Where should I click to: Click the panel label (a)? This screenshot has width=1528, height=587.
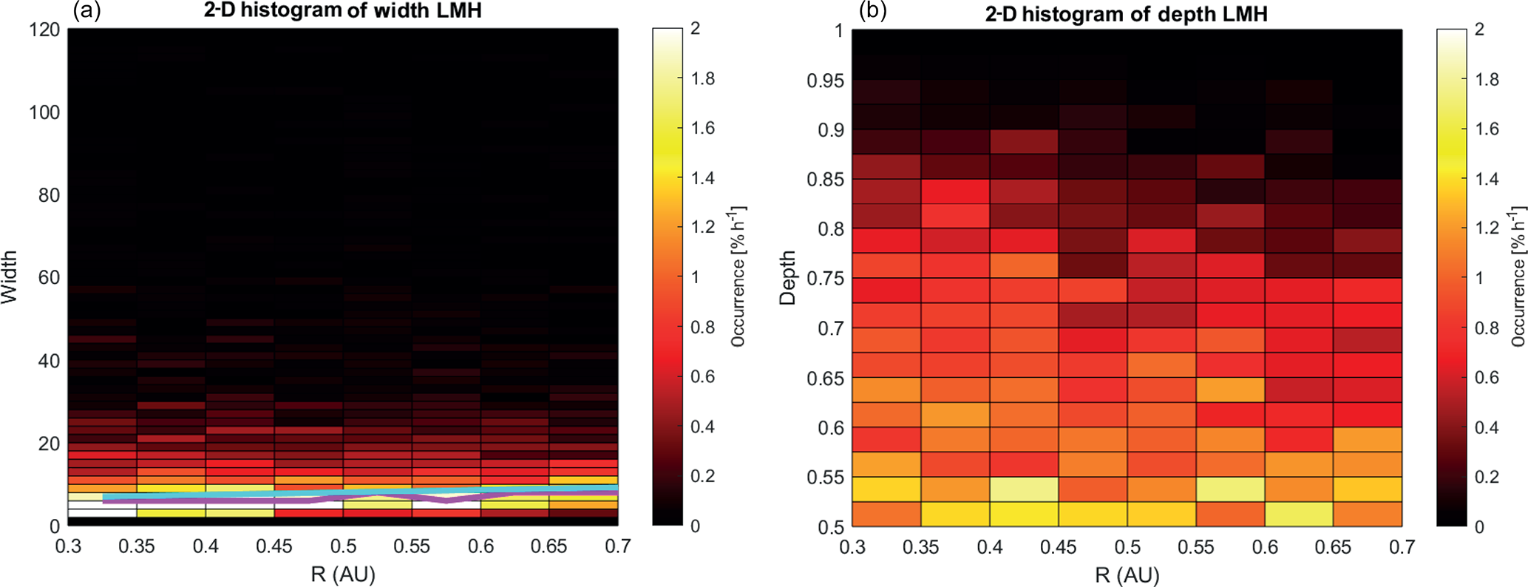(86, 10)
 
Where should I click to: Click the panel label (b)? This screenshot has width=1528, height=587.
(872, 10)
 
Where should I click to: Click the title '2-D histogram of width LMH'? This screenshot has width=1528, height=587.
(343, 10)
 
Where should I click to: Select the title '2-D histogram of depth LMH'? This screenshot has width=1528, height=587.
(1126, 13)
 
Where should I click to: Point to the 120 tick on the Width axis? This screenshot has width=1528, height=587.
(44, 30)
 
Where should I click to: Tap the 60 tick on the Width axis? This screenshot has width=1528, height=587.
(49, 278)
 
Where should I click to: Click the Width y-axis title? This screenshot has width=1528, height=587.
(10, 277)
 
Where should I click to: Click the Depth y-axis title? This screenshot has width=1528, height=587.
(788, 278)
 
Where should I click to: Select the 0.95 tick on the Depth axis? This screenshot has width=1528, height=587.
(825, 81)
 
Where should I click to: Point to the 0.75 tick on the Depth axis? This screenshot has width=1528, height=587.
(825, 279)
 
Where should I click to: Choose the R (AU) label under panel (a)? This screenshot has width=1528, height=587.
(343, 574)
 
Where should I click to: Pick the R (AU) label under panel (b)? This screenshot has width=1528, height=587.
(1127, 574)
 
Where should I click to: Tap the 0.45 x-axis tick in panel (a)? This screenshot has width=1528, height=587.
(274, 547)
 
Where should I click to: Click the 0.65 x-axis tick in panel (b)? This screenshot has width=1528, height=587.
(1333, 548)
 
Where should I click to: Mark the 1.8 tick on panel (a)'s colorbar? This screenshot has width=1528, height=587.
(703, 78)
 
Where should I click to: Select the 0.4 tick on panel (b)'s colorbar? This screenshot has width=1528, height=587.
(1487, 427)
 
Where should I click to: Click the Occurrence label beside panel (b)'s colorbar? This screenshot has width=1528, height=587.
(1518, 277)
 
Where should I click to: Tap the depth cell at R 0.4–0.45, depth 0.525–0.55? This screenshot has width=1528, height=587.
(1024, 489)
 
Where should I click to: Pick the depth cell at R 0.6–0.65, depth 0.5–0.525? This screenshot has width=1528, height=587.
(1299, 514)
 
